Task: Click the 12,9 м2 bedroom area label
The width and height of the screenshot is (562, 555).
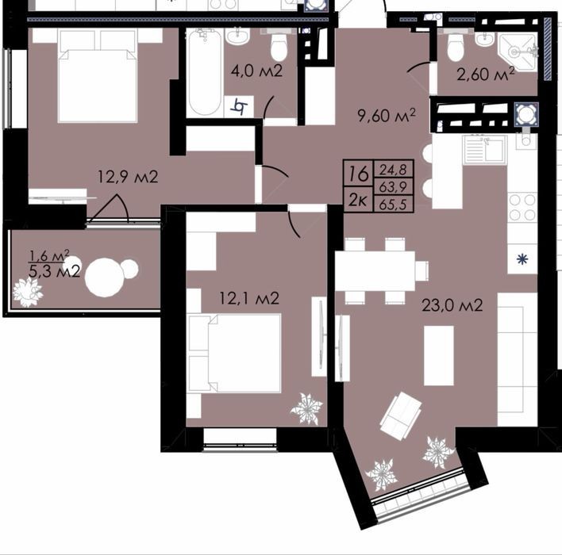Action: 128,177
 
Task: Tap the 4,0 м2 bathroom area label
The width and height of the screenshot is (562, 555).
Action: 256,71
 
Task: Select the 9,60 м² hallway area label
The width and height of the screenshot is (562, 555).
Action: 387,116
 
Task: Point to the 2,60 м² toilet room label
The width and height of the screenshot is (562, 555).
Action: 486,74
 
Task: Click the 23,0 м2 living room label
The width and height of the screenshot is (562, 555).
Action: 452,305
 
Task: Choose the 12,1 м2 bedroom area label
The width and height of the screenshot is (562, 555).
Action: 249,298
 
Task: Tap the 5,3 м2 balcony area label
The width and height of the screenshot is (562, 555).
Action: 55,272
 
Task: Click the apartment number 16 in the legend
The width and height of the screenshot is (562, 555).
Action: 359,174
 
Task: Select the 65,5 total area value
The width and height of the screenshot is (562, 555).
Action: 393,205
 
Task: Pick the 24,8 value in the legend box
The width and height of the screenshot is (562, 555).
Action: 393,170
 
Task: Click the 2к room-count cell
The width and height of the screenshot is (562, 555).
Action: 358,201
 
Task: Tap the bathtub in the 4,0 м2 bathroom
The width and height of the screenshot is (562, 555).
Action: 205,73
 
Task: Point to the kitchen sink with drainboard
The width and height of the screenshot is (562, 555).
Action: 485,149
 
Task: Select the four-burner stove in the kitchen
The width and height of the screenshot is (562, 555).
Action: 522,207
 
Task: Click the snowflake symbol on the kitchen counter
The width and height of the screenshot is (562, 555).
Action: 522,259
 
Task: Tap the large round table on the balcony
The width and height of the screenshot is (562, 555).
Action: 104,277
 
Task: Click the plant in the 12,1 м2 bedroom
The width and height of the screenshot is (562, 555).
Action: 306,409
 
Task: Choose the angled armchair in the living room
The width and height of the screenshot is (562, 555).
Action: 401,415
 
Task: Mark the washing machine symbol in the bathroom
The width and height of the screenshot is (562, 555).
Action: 239,106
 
